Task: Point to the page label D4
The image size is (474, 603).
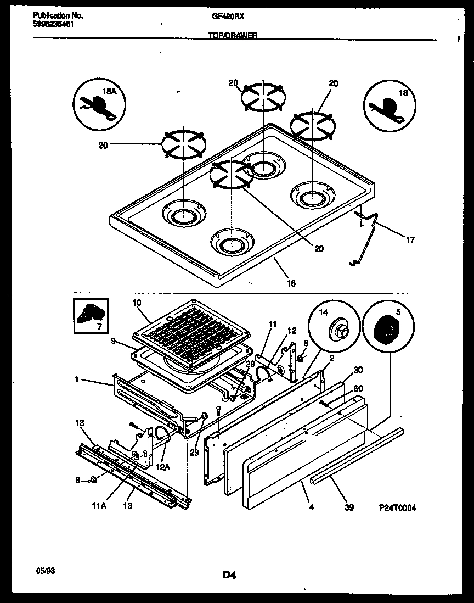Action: [229, 575]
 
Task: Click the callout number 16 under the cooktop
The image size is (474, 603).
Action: [291, 283]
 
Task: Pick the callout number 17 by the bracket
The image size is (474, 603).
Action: [410, 239]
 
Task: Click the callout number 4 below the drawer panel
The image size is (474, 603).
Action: [311, 508]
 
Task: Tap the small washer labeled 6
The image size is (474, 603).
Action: [93, 480]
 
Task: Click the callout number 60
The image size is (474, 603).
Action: [358, 388]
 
